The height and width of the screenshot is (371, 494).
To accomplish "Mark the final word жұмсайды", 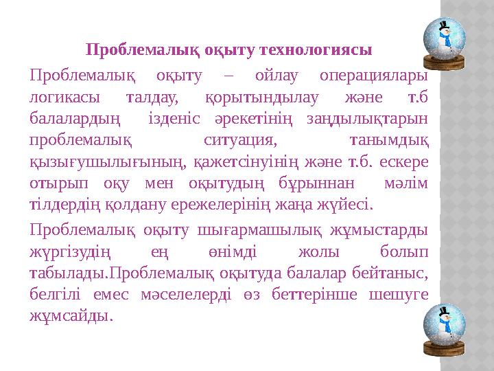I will pyautogui.click(x=71, y=316).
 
